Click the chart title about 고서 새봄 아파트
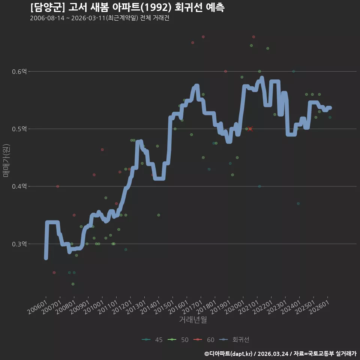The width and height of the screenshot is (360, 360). pyautogui.click(x=127, y=7)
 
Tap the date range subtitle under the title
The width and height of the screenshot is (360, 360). pyautogui.click(x=100, y=18)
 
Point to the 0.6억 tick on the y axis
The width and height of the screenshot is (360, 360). pyautogui.click(x=19, y=71)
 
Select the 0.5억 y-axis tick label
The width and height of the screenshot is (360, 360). pyautogui.click(x=19, y=129)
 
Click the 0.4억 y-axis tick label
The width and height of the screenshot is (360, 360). pyautogui.click(x=19, y=186)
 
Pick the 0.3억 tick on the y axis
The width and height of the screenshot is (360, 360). pyautogui.click(x=19, y=244)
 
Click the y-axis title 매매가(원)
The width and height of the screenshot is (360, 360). pyautogui.click(x=6, y=160)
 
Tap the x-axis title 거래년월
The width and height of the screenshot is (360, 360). pyautogui.click(x=193, y=319)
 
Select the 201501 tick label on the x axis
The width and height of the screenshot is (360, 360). pyautogui.click(x=164, y=307)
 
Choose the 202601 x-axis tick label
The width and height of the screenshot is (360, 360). pyautogui.click(x=319, y=307)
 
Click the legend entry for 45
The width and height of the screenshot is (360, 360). pyautogui.click(x=152, y=340)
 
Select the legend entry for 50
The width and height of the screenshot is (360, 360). pyautogui.click(x=178, y=340)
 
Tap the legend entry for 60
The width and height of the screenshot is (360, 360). pyautogui.click(x=204, y=340)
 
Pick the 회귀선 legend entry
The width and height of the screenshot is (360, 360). pyautogui.click(x=234, y=340)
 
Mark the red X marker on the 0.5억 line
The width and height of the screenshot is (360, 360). pyautogui.click(x=250, y=129)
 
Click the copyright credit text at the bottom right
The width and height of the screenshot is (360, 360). pyautogui.click(x=280, y=354)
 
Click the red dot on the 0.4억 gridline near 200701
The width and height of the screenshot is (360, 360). pyautogui.click(x=58, y=186)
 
